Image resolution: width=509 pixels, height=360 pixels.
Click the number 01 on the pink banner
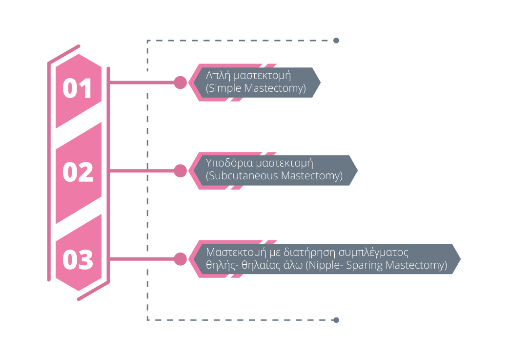click(78, 89)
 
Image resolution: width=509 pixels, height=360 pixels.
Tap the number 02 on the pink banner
click(78, 172)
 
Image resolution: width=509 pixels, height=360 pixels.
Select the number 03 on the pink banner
click(78, 260)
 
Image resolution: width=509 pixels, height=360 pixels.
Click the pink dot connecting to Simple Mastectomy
click(181, 83)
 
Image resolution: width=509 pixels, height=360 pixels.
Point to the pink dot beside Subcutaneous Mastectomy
click(181, 170)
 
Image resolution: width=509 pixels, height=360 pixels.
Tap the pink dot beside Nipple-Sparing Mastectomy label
click(181, 259)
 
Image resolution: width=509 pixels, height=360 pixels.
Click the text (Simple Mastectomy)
click(256, 89)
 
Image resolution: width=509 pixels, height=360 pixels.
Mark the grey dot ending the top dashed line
click(336, 41)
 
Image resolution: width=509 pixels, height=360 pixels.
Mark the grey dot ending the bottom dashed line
click(336, 320)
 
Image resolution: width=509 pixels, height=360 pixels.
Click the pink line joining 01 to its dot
click(142, 83)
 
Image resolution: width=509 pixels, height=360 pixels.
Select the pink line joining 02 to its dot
click(142, 170)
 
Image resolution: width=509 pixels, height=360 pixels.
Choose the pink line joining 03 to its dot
click(142, 259)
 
